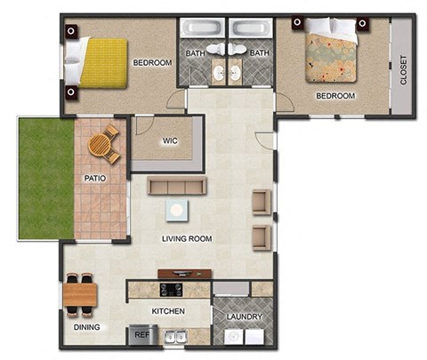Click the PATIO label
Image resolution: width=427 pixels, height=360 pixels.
(95, 178)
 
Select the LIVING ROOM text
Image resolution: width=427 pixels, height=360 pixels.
(186, 239)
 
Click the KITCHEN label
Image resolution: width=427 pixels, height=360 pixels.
(168, 311)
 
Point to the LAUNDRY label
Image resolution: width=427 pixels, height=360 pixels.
(244, 316)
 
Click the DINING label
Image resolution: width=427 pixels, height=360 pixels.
(85, 327)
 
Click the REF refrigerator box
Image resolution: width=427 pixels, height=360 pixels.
(141, 335)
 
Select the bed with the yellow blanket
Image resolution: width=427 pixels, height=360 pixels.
(97, 63)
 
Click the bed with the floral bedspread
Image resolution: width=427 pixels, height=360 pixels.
(331, 54)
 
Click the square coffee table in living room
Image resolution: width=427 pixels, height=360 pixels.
(178, 210)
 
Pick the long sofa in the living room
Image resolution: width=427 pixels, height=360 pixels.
(177, 186)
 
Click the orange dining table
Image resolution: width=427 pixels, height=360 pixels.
(79, 292)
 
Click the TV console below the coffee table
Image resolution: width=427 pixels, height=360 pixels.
(185, 274)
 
